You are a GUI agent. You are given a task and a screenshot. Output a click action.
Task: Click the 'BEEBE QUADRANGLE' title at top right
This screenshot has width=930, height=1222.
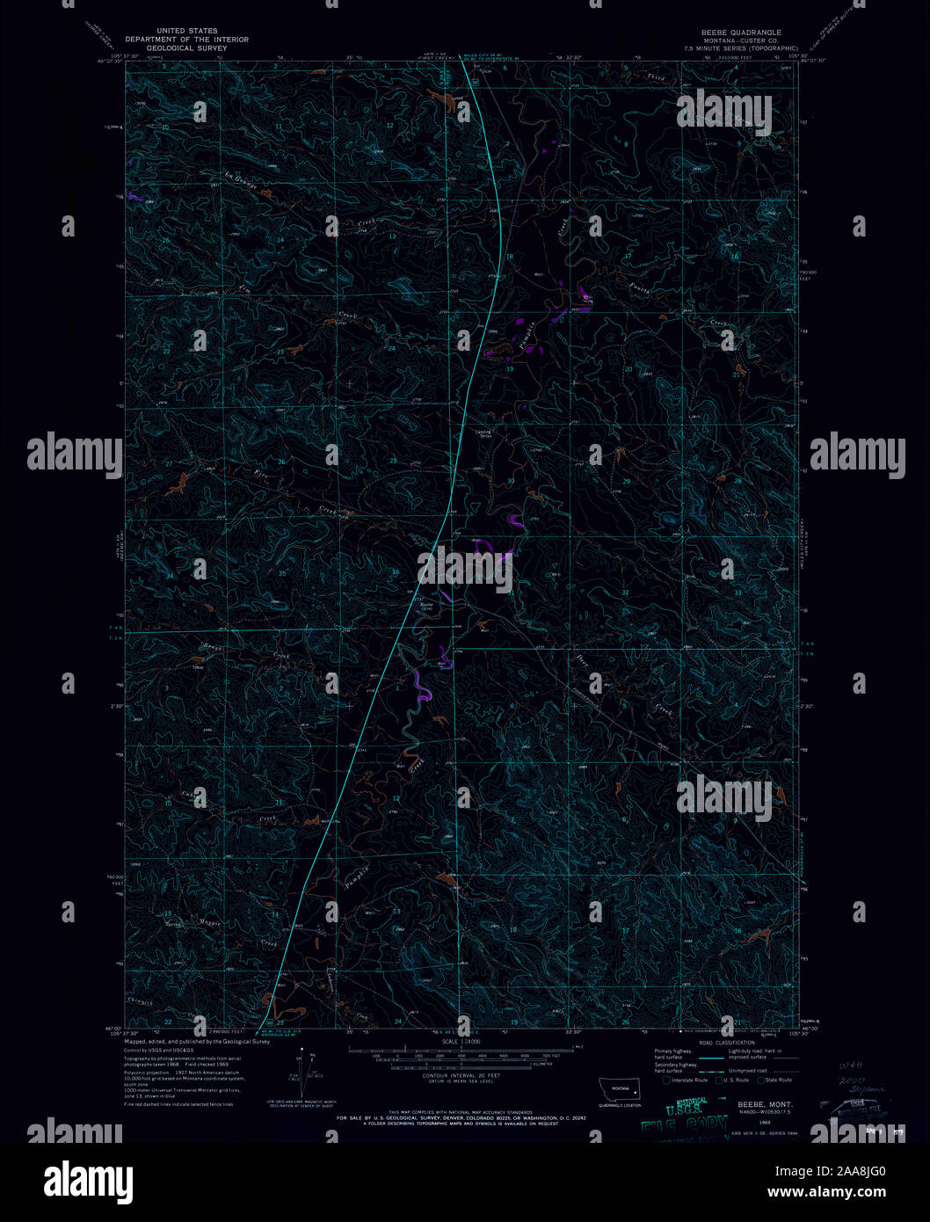pos(735,33)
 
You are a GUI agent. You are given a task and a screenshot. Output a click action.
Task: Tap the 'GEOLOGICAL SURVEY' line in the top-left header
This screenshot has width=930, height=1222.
pos(186,48)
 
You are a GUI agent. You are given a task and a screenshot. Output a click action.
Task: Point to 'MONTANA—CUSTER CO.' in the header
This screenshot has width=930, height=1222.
pos(735,40)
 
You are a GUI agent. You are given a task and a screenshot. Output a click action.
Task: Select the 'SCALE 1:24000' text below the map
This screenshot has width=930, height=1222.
pos(462,1042)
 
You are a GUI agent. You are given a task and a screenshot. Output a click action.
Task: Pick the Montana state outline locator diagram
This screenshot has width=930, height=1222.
pos(620,1087)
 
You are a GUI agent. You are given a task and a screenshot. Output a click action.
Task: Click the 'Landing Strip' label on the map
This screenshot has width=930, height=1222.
pos(484,433)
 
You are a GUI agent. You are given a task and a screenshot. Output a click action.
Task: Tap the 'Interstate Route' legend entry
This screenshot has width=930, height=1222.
pos(689,1080)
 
